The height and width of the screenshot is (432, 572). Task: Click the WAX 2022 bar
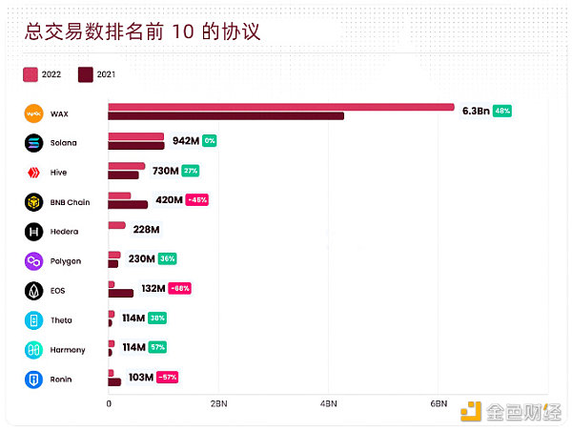coord(280,106)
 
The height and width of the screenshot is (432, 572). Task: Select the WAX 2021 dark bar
coord(225,116)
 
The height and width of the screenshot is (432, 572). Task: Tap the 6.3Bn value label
coord(475,111)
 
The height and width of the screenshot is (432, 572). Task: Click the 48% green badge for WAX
coord(502,111)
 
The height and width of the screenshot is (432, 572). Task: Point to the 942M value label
coord(186,141)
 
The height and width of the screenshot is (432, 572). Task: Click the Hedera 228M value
coord(145,230)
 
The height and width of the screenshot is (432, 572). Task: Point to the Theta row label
coord(61,320)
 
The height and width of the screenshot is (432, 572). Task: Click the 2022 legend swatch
coord(30,73)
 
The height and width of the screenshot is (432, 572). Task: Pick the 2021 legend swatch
coord(86,73)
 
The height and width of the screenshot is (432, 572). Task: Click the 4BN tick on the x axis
coord(329,404)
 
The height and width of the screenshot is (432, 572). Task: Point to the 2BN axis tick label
coord(218,404)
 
